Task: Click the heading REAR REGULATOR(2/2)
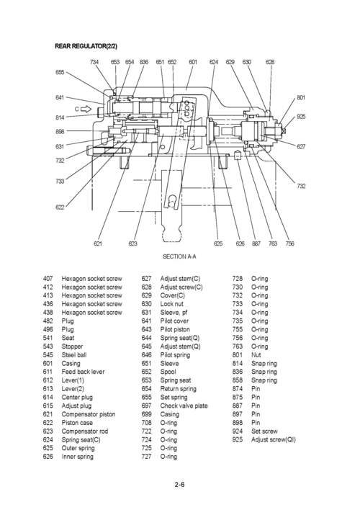(x=86, y=46)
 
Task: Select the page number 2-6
(x=179, y=484)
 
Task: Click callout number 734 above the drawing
(x=94, y=62)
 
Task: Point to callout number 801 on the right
(x=301, y=97)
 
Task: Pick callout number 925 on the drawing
(x=301, y=116)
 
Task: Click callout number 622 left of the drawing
(x=60, y=207)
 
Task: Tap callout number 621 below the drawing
(x=99, y=244)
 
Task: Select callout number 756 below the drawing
(x=289, y=244)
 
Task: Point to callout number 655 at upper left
(x=60, y=73)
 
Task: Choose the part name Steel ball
(x=76, y=354)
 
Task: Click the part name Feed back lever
(x=83, y=372)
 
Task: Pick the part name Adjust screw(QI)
(x=273, y=439)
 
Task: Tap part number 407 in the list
(x=48, y=278)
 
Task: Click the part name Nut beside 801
(x=256, y=354)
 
